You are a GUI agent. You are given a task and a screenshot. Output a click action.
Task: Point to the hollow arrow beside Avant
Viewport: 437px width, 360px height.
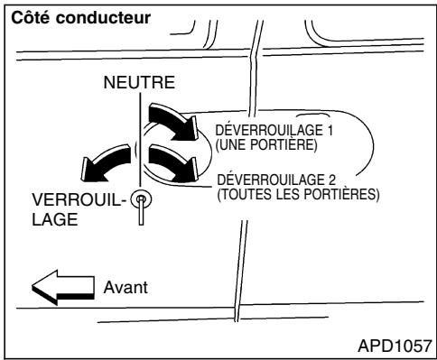63,291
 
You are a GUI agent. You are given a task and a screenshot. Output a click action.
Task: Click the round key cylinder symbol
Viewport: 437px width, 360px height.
141,199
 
